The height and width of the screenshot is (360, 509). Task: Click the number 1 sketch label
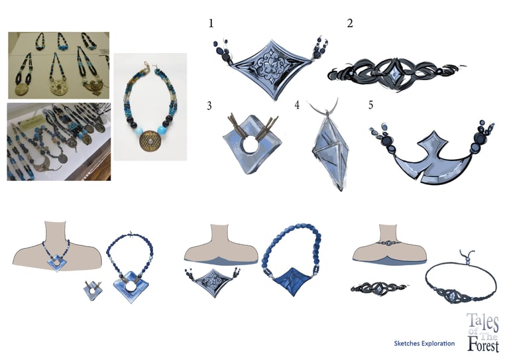click(x=211, y=24)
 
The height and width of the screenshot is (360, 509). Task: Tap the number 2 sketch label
click(x=350, y=24)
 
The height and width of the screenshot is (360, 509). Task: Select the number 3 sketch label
click(x=209, y=106)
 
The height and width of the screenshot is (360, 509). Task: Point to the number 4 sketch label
click(x=297, y=105)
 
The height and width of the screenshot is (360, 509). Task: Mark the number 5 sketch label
click(x=370, y=105)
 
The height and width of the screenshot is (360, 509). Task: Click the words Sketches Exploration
click(x=424, y=343)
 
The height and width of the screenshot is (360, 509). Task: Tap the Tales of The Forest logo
click(x=482, y=332)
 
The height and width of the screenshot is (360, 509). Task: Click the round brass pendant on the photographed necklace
click(x=150, y=141)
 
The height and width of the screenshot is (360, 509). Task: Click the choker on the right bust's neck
click(x=389, y=243)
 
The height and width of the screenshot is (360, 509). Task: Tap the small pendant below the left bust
click(x=92, y=290)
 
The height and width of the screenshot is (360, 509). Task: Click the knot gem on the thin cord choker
click(x=452, y=295)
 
